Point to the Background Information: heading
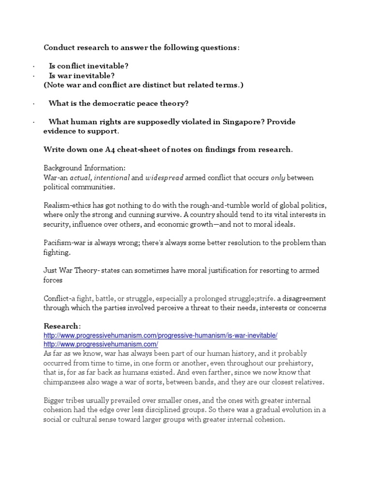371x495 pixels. (85, 168)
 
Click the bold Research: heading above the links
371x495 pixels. (62, 326)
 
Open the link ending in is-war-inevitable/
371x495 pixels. (160, 335)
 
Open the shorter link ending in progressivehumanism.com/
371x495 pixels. (101, 344)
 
